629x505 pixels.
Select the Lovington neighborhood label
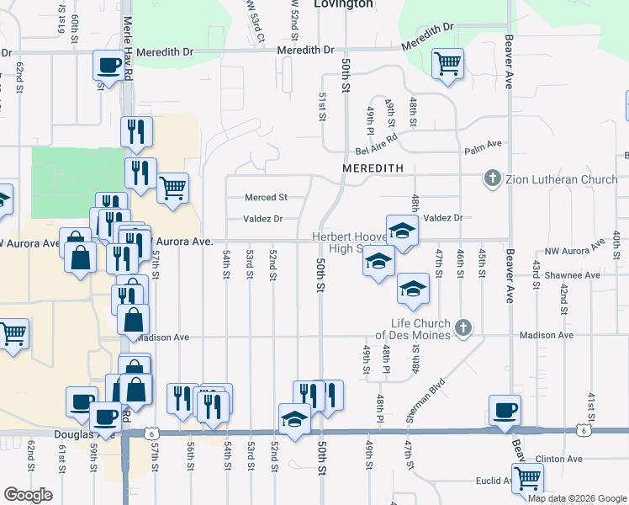342,4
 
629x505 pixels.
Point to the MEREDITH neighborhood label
368,168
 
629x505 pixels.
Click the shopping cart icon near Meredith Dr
448,62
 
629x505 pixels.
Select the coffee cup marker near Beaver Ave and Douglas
505,410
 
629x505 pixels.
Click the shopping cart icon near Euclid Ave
528,479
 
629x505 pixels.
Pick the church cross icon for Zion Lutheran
493,178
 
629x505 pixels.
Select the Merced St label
266,198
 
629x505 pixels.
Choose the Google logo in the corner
28,495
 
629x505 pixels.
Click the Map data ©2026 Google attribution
577,498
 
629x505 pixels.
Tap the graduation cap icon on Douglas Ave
294,419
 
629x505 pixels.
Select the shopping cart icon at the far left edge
12,332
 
